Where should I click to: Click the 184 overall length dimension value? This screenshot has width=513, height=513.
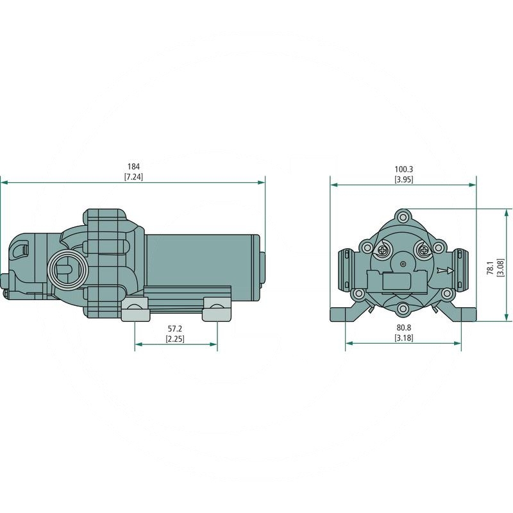133,167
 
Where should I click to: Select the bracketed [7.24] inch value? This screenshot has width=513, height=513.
133,176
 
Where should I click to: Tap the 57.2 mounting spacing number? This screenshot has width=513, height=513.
175,328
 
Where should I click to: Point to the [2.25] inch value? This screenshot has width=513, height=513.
175,338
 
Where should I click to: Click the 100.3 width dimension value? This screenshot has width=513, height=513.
403,170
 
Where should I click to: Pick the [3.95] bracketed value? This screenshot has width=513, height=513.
403,180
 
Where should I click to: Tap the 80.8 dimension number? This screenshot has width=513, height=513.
403,328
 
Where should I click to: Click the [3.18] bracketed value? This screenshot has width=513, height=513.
403,337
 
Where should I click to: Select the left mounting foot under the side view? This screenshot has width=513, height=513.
134,310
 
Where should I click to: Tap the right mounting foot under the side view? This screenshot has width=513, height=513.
216,310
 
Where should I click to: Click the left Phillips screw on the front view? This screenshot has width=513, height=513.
383,250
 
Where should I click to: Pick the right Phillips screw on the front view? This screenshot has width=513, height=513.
423,250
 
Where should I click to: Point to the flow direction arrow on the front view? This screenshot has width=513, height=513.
443,271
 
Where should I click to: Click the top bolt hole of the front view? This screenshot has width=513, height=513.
403,215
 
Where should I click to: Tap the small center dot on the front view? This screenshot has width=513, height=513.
403,264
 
